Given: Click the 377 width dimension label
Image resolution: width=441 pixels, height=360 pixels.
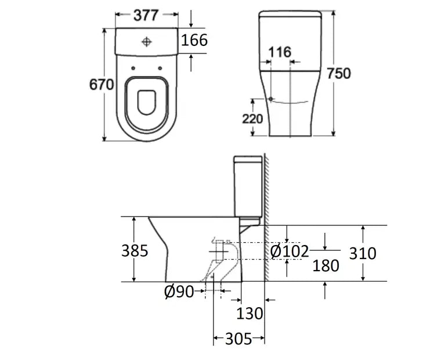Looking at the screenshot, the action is click(146, 15).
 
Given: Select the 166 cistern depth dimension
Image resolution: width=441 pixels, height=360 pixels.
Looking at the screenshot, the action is click(194, 40).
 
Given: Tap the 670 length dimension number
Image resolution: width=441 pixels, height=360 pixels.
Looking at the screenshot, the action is click(102, 84).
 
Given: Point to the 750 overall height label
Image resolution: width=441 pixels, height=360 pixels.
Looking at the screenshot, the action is click(339, 74).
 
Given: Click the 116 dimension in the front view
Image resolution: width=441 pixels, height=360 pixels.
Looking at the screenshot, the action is click(280, 52).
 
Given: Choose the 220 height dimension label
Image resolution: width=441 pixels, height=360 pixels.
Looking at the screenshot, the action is click(252, 119).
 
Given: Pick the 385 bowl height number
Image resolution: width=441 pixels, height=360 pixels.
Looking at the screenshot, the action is click(135, 251).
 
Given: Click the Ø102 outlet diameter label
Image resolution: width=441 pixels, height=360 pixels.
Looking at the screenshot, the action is click(290, 251).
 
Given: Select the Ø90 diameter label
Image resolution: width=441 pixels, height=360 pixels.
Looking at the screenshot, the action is click(179, 292).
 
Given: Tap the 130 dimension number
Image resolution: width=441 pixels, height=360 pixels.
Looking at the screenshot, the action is click(250, 314).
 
